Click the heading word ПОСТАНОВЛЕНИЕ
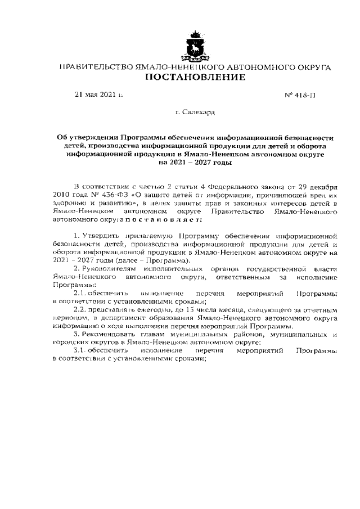point(195,77)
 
